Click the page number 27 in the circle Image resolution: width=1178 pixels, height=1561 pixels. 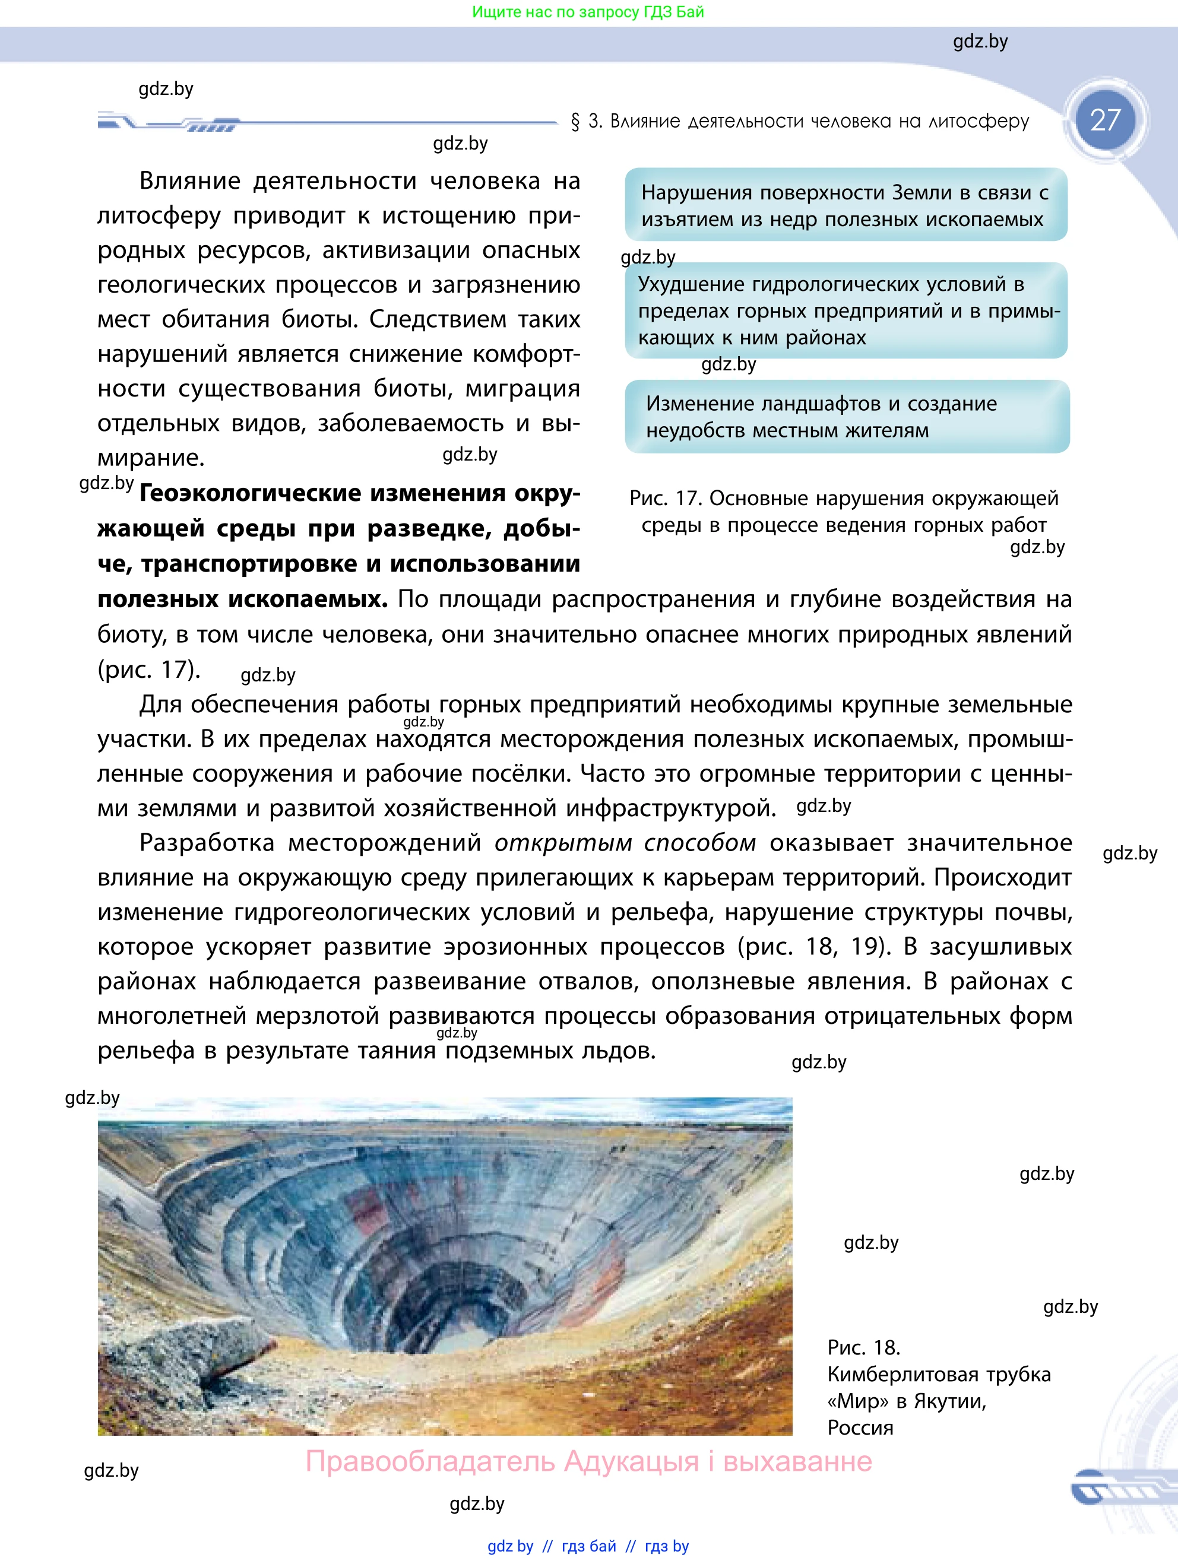coord(1104,120)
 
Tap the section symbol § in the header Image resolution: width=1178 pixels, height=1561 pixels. coord(575,122)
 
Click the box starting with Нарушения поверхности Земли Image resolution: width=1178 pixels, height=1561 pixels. coord(845,205)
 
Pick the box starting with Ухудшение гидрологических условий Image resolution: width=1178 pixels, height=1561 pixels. coord(845,310)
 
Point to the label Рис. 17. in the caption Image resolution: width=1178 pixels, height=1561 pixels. coord(666,498)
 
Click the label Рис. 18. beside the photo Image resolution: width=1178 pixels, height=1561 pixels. coord(863,1347)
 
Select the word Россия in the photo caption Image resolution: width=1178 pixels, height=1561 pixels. coord(860,1427)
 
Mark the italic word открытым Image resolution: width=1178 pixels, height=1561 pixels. coord(562,843)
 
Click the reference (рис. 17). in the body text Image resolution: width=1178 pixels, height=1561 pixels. coord(149,669)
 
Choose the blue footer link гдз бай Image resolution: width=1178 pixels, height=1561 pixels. coord(588,1546)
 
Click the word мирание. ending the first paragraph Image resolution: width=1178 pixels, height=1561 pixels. coord(150,458)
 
